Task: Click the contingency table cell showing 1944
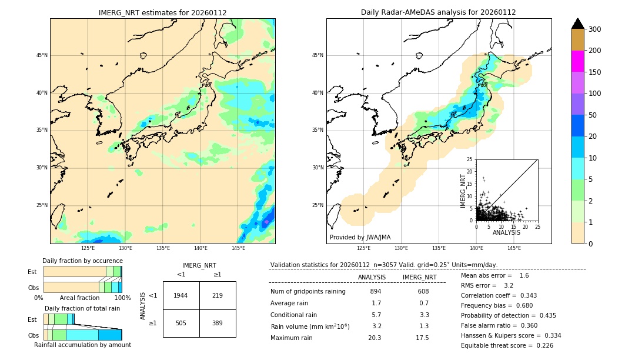pyautogui.click(x=181, y=295)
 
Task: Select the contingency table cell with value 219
pyautogui.click(x=218, y=295)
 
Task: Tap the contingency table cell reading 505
pyautogui.click(x=181, y=323)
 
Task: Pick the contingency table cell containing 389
pyautogui.click(x=218, y=323)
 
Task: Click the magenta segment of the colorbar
pyautogui.click(x=578, y=61)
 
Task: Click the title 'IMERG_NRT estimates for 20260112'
pyautogui.click(x=162, y=12)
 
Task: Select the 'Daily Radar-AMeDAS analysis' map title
pyautogui.click(x=439, y=12)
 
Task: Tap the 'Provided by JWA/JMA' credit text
pyautogui.click(x=360, y=238)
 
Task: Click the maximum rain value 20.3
pyautogui.click(x=375, y=338)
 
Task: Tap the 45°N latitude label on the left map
pyautogui.click(x=42, y=55)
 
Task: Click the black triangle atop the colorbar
pyautogui.click(x=578, y=24)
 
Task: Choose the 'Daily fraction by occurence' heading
pyautogui.click(x=82, y=261)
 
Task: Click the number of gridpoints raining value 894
pyautogui.click(x=376, y=291)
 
